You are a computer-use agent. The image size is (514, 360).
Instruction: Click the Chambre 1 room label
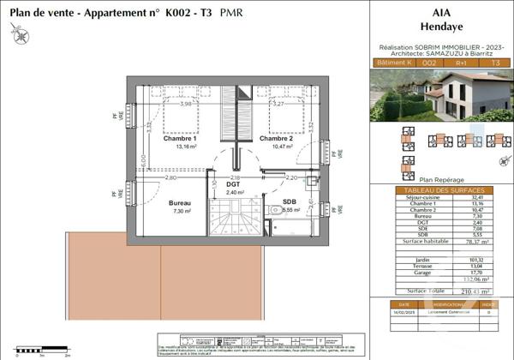coord(182,137)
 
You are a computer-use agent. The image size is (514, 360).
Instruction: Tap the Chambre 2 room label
coord(277,137)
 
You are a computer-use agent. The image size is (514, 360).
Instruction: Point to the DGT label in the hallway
coord(232,184)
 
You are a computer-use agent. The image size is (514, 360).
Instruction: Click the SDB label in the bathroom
coord(290,201)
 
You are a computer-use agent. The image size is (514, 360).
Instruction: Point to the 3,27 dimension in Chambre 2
coord(278,103)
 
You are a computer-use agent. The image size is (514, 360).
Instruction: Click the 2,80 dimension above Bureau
coord(171,177)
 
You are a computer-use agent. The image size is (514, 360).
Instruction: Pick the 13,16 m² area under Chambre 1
coord(182,147)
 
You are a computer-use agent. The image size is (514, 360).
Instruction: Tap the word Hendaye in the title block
coord(441,26)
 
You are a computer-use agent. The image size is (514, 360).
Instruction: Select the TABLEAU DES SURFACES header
coord(441,189)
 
